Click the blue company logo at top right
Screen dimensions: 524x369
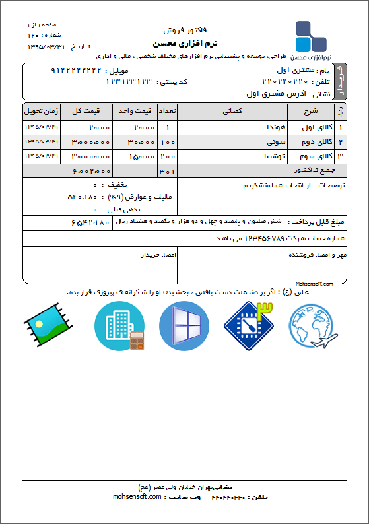click(310, 37)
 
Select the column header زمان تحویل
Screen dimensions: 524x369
click(41, 110)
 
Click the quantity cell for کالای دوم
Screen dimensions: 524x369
click(168, 142)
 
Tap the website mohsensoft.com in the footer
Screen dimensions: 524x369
click(137, 497)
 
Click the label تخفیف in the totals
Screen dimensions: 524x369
click(118, 185)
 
